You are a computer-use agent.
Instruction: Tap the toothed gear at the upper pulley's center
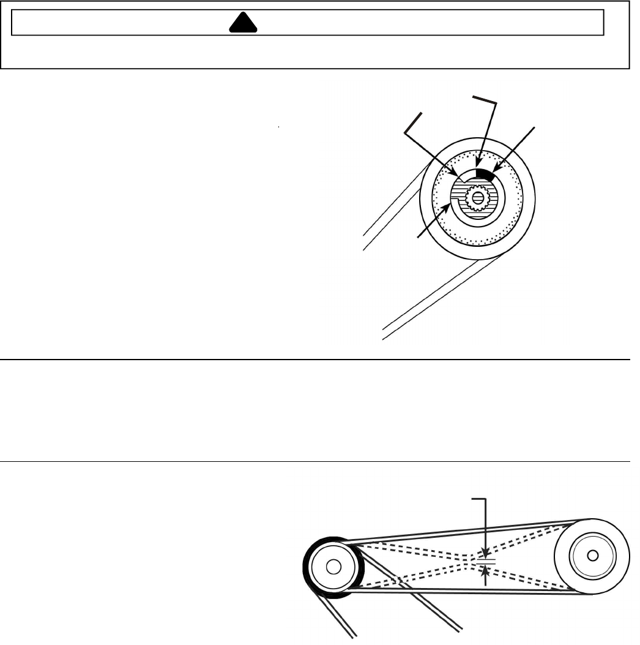[476, 197]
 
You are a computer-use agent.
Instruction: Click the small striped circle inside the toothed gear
[476, 197]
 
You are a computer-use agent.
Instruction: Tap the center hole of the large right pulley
[591, 555]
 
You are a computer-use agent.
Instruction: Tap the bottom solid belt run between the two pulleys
[465, 592]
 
